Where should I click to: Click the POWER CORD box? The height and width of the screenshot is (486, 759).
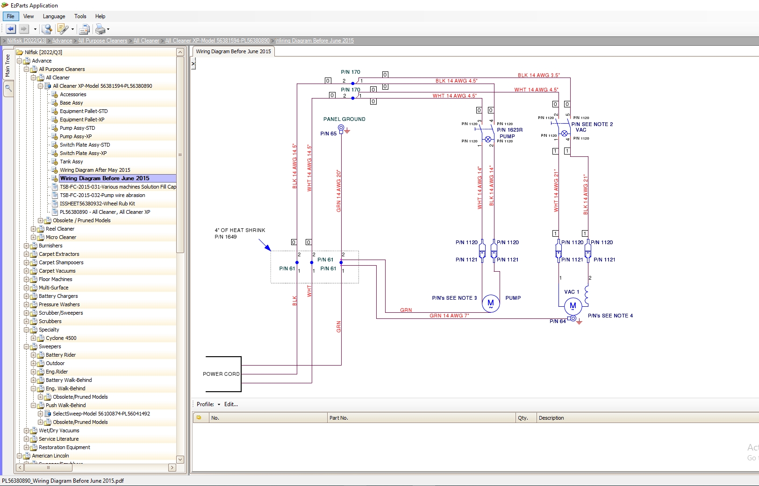(x=223, y=374)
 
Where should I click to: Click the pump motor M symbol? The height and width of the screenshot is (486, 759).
(x=491, y=303)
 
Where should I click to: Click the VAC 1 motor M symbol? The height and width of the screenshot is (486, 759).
(x=573, y=306)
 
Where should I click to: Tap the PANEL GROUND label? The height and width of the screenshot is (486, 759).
(x=344, y=119)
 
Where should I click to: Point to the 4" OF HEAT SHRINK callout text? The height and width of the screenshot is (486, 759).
(x=240, y=230)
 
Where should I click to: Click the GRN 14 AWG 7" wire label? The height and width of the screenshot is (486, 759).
(x=449, y=316)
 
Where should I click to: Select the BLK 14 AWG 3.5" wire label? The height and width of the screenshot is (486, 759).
(x=538, y=75)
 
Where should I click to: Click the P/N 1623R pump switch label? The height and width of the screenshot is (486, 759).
(x=509, y=130)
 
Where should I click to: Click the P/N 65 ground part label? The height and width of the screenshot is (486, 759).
(x=328, y=134)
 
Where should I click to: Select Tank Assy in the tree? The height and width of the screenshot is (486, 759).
(x=71, y=162)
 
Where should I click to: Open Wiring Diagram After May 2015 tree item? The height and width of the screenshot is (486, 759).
(x=95, y=170)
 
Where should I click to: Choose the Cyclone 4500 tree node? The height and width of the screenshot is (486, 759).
(x=61, y=338)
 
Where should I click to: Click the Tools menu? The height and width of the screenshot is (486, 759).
(x=80, y=16)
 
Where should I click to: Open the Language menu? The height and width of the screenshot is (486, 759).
(x=54, y=16)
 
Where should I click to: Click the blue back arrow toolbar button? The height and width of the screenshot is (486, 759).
(x=11, y=29)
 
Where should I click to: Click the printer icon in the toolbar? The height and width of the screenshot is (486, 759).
(x=100, y=29)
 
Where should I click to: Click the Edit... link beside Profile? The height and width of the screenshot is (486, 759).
(x=231, y=404)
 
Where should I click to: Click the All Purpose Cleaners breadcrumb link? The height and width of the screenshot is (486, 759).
(x=102, y=41)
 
